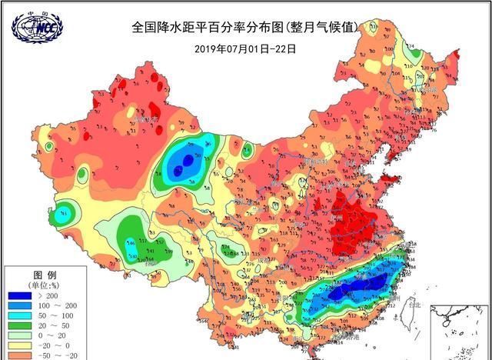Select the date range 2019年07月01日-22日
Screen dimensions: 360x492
click(x=245, y=48)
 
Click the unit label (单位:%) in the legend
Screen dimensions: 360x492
click(x=43, y=285)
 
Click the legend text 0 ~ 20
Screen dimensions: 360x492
click(x=68, y=337)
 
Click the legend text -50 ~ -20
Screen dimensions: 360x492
click(x=68, y=356)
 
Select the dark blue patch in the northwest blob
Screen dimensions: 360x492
click(x=183, y=161)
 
